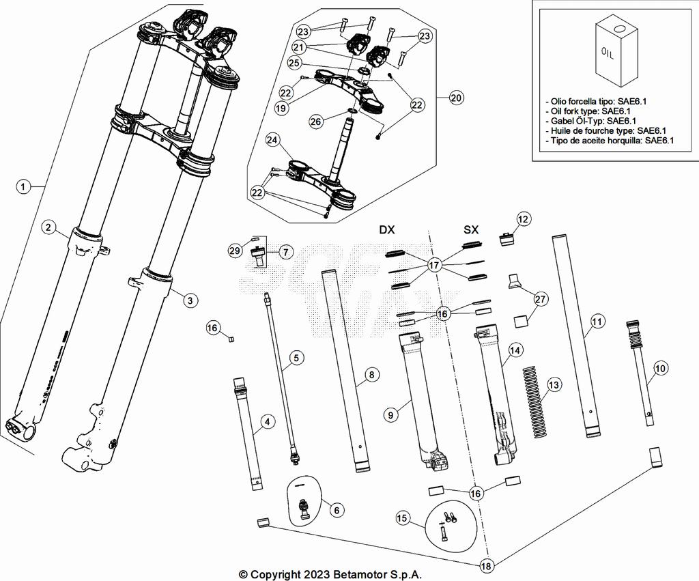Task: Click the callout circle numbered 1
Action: coord(23,186)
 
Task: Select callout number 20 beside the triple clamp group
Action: coord(456,98)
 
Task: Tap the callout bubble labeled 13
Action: coord(554,385)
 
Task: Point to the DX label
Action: coord(387,230)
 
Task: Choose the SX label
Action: coord(471,230)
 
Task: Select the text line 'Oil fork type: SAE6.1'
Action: coord(588,111)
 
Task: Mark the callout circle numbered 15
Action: coord(403,519)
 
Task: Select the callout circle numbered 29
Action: coord(235,251)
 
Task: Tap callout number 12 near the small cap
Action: coord(523,219)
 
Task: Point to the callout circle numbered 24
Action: coord(273,141)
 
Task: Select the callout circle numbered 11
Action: coord(597,321)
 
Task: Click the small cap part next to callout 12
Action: coord(507,240)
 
